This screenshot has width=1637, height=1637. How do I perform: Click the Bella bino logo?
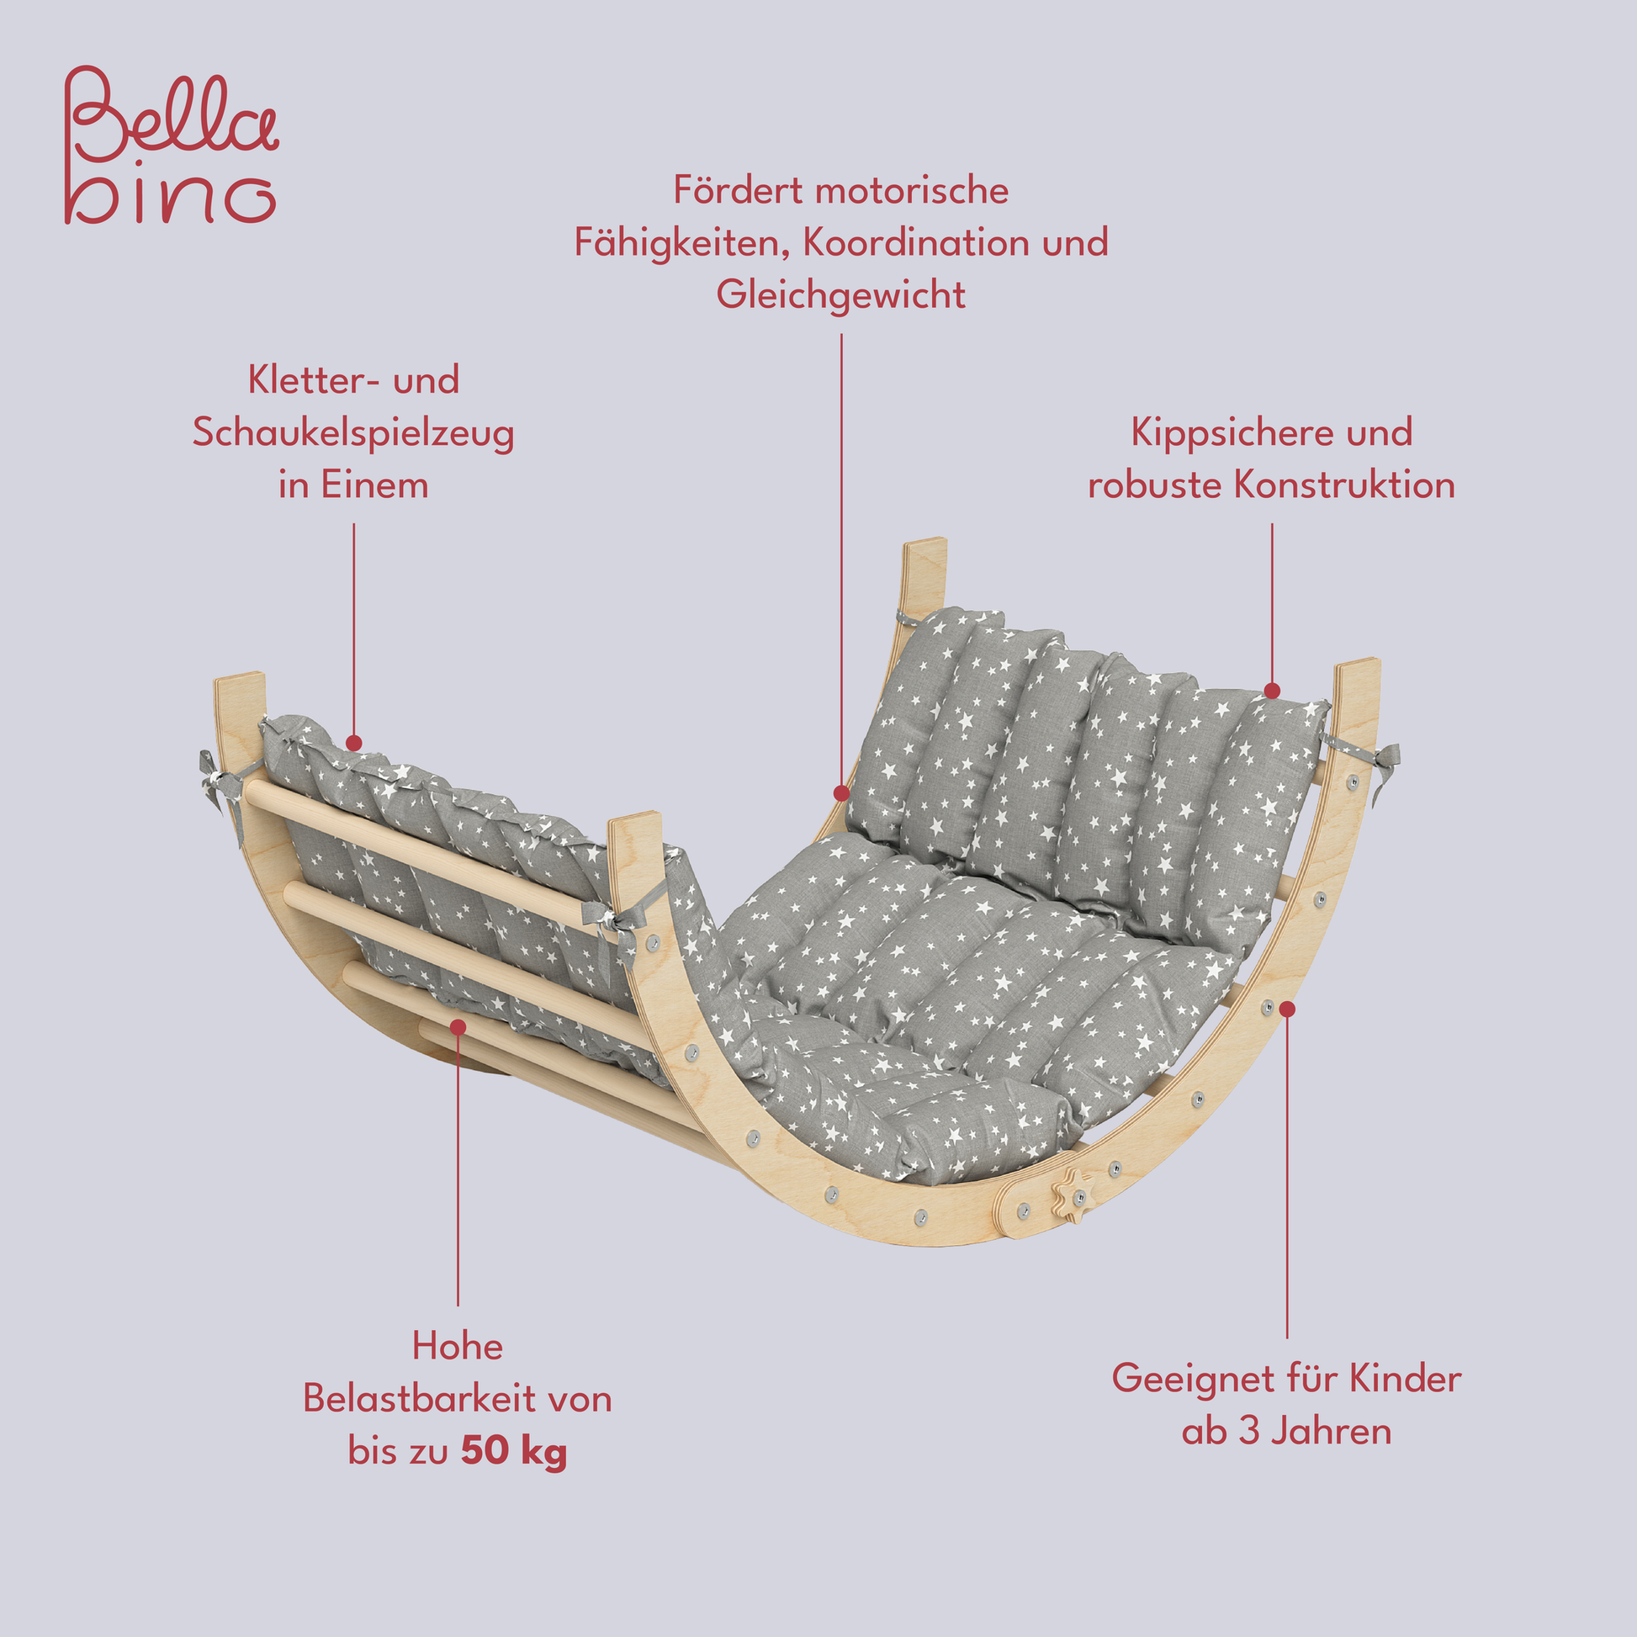click(171, 146)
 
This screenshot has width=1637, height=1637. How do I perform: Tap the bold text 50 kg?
click(513, 1452)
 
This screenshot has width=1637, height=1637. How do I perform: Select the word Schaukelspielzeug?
click(353, 434)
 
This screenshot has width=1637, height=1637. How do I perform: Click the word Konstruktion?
click(1344, 485)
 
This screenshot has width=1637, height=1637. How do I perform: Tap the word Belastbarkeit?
click(421, 1399)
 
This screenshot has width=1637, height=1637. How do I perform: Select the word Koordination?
click(916, 243)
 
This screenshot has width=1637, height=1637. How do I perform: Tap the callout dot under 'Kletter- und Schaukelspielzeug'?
click(354, 743)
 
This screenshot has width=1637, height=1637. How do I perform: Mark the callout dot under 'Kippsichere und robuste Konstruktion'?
click(1272, 691)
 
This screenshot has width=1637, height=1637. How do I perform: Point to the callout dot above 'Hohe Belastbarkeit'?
click(458, 1027)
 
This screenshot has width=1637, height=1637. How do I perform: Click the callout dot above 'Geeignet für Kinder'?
click(1287, 1009)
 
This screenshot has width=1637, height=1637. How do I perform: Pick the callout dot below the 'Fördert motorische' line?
click(841, 793)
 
